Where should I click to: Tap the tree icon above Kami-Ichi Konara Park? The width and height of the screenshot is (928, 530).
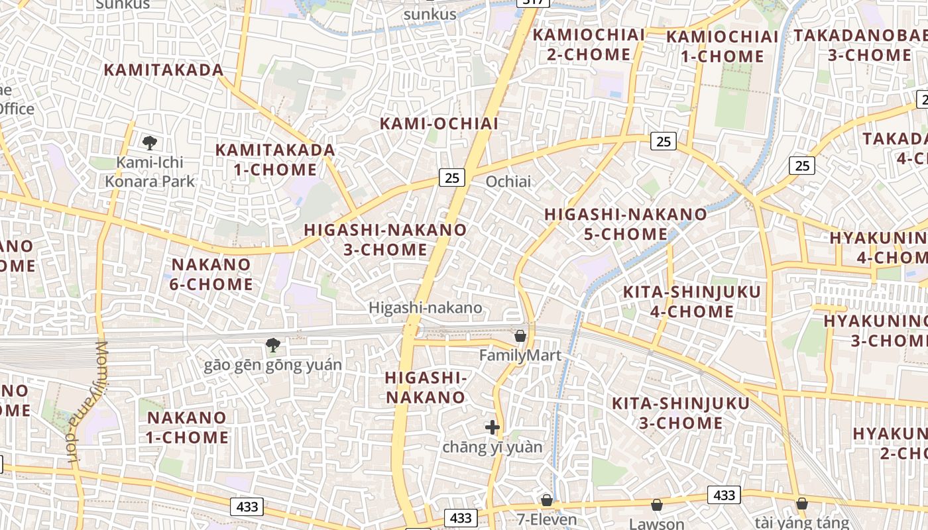pos(150,142)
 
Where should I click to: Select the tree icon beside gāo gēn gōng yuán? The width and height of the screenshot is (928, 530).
pos(272,344)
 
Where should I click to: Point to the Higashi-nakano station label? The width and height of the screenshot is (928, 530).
pos(425,308)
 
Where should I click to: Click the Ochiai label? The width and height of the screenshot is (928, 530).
pos(508,181)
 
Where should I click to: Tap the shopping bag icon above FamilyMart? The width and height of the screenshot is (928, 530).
pos(520,336)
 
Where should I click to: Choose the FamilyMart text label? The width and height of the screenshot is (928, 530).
pos(520,356)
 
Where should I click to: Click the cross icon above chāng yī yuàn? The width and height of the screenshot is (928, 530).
pos(492,427)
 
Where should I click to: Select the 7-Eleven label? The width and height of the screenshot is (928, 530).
pos(547,519)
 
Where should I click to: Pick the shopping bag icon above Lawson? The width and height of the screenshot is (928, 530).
pos(656,505)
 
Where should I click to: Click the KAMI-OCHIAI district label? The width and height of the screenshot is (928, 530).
pos(439,124)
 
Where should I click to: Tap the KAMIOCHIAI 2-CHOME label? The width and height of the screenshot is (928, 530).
pos(588,44)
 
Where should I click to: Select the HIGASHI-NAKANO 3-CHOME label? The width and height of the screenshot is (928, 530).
pos(385,240)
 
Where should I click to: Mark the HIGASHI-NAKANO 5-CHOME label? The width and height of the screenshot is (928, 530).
pos(625,224)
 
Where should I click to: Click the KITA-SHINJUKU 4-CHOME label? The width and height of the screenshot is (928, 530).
pos(682,301)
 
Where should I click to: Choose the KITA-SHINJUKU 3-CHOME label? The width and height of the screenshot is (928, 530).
pos(680,413)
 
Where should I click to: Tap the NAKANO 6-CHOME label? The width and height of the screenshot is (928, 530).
pos(211,274)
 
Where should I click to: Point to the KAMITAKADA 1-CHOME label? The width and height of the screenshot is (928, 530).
pos(275,160)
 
